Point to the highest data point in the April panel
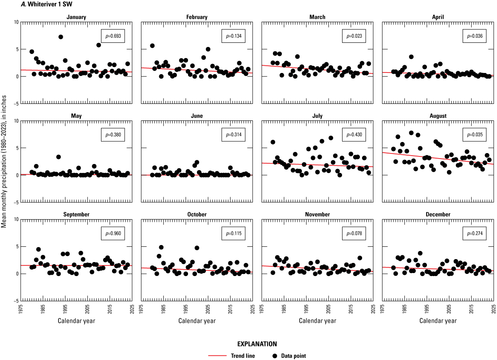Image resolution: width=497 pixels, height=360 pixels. click(x=411, y=57)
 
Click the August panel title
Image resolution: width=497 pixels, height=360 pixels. click(x=438, y=116)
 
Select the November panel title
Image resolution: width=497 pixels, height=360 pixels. click(x=317, y=215)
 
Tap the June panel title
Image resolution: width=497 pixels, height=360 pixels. click(x=197, y=116)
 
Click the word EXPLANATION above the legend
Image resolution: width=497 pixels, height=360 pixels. click(x=248, y=344)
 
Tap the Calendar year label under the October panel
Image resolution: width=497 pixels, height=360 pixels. click(x=197, y=321)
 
